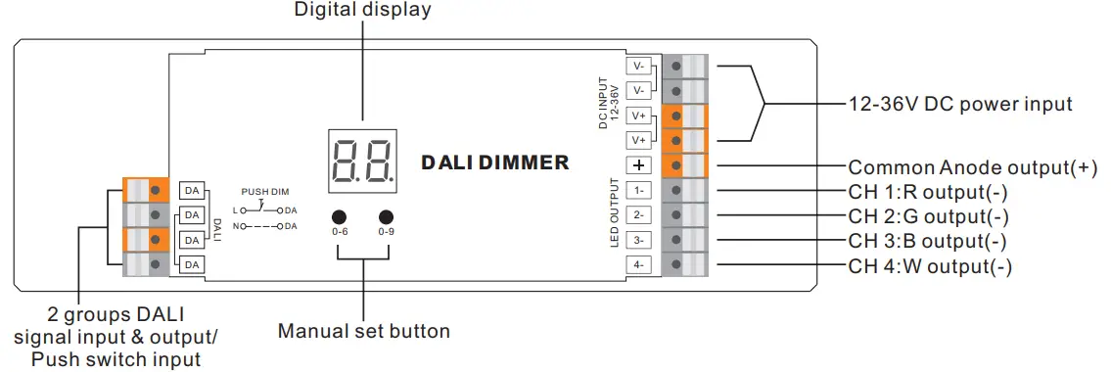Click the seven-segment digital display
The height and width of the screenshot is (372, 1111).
(362, 162)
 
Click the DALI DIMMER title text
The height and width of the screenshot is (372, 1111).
(495, 163)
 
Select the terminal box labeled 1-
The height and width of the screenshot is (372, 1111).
(637, 191)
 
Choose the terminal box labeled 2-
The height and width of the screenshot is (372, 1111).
(637, 215)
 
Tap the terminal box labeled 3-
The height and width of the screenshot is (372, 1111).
(637, 240)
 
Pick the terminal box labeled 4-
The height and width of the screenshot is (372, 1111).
(637, 264)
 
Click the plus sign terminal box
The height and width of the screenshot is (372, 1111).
(637, 165)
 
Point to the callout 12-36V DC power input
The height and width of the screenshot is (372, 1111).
(960, 104)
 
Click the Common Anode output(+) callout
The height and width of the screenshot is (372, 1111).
(973, 167)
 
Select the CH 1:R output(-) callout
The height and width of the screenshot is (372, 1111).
(928, 192)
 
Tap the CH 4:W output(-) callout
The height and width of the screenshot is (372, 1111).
(930, 266)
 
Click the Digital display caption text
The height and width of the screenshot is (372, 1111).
(362, 11)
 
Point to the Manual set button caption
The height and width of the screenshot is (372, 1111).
(364, 331)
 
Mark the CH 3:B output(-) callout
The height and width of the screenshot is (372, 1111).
(927, 241)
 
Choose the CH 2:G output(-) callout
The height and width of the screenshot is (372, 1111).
(928, 216)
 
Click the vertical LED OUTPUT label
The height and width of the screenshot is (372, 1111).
(614, 213)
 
